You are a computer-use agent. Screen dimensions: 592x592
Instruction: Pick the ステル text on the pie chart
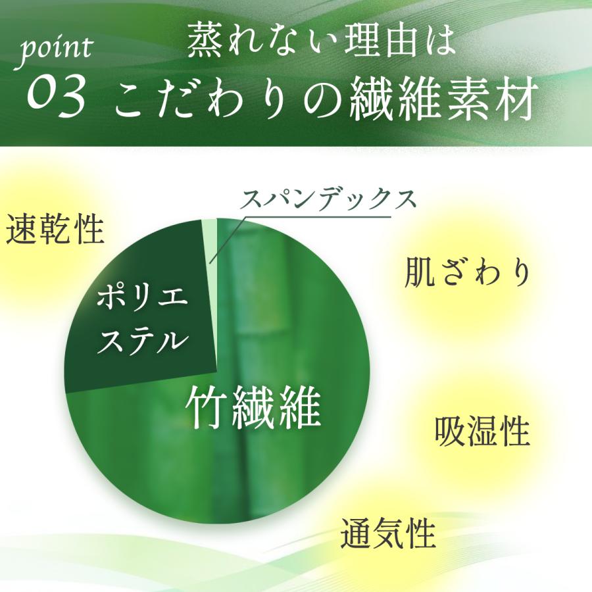(x=143, y=340)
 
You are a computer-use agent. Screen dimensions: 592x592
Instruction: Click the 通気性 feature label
(x=388, y=533)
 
